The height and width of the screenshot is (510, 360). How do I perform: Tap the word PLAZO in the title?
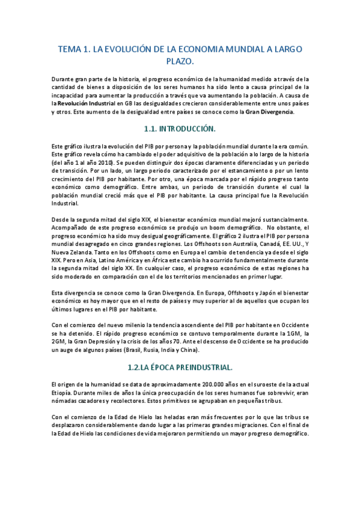click(x=178, y=61)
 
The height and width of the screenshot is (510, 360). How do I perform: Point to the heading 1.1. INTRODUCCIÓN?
click(x=180, y=129)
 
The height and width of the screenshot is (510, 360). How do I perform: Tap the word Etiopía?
click(x=65, y=392)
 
